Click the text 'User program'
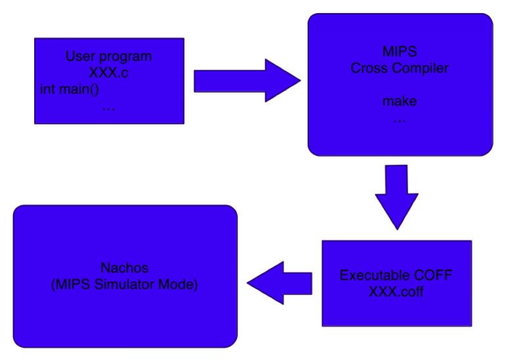[x=108, y=57]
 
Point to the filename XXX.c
[x=108, y=72]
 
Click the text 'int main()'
[x=74, y=89]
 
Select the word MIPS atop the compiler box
[x=400, y=52]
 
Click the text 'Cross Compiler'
[x=400, y=68]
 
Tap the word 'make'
[x=400, y=101]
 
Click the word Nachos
[x=124, y=268]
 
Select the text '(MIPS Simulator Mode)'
[x=124, y=284]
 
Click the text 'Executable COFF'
[x=396, y=275]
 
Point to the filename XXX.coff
[x=396, y=292]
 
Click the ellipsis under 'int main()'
[x=108, y=106]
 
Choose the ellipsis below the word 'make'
[x=400, y=120]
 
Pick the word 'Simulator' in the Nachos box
[x=124, y=284]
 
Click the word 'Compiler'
[x=421, y=68]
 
